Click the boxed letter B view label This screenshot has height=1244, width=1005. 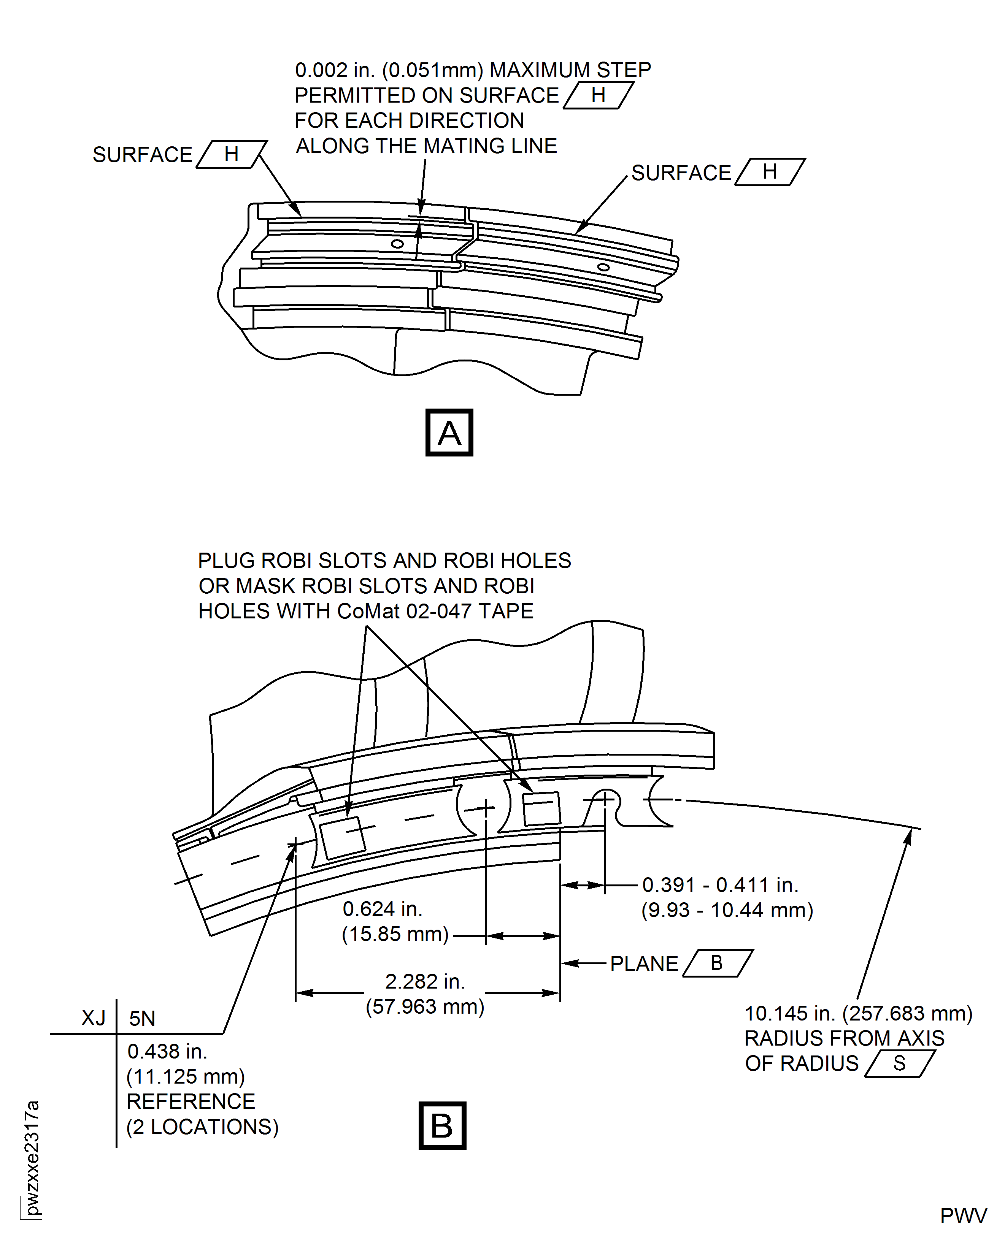pos(442,1125)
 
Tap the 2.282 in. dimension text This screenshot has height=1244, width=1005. pos(424,982)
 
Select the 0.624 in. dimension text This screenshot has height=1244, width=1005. pos(383,909)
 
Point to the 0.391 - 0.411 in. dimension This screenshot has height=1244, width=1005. pos(720,885)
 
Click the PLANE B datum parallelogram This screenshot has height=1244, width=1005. pos(717,964)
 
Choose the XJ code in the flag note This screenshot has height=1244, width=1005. pos(93,1018)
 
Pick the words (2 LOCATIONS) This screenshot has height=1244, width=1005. pos(202,1127)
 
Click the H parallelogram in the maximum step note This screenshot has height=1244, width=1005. pos(598,95)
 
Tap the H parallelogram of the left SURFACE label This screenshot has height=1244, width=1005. pos(232,154)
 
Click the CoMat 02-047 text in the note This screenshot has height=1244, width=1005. pos(405,611)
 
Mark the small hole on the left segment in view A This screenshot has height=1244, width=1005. pos(397,244)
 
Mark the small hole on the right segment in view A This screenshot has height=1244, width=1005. pos(603,267)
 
